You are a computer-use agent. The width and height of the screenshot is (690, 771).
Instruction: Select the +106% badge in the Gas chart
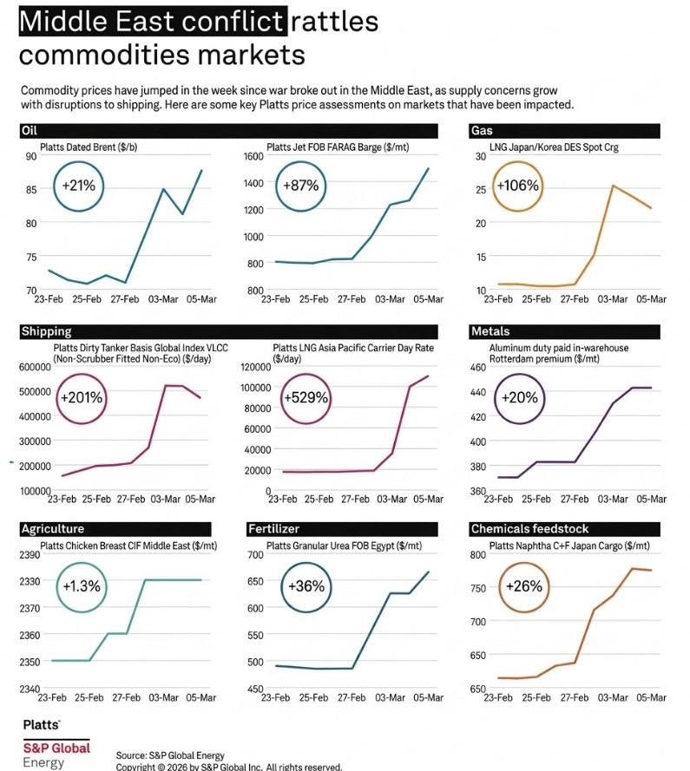pyautogui.click(x=517, y=185)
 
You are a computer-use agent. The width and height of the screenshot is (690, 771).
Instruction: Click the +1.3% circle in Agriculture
pyautogui.click(x=81, y=585)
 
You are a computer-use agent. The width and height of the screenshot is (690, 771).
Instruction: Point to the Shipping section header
pyautogui.click(x=47, y=331)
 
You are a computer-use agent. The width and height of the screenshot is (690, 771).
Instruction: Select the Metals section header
pyautogui.click(x=491, y=331)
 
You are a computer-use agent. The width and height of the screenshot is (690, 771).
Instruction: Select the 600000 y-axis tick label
pyautogui.click(x=34, y=367)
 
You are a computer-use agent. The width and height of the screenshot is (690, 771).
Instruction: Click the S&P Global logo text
pyautogui.click(x=56, y=748)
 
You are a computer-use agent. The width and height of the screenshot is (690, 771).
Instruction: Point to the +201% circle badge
pyautogui.click(x=82, y=398)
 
